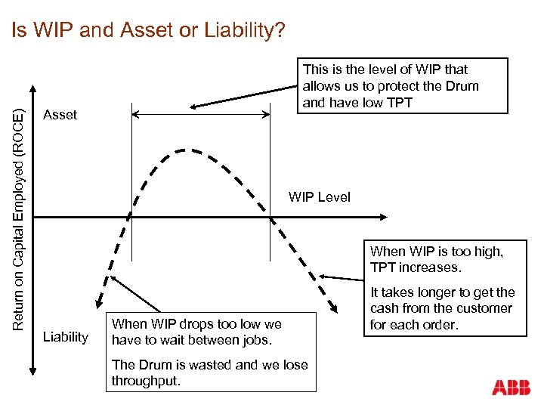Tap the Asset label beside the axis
pyautogui.click(x=60, y=115)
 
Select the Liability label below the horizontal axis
pyautogui.click(x=65, y=336)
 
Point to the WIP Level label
pyautogui.click(x=320, y=197)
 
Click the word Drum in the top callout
pyautogui.click(x=462, y=86)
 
